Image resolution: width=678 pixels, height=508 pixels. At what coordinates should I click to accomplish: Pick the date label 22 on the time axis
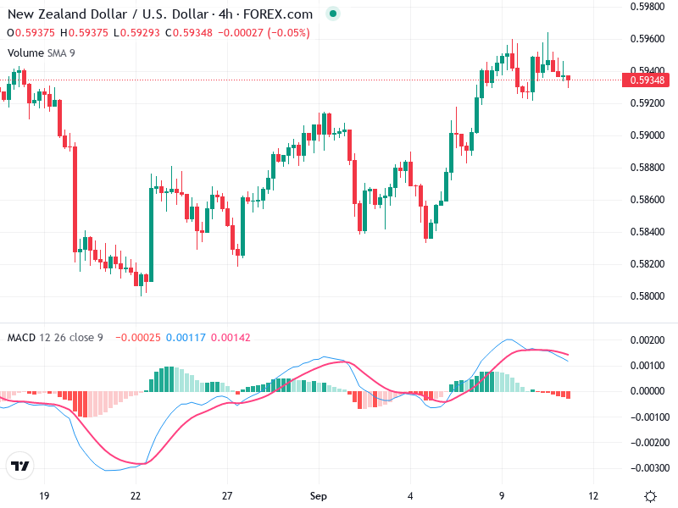pyautogui.click(x=136, y=495)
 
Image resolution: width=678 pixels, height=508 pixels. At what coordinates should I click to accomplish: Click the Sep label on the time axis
pyautogui.click(x=318, y=495)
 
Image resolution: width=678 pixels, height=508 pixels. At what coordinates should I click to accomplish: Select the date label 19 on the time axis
pyautogui.click(x=44, y=495)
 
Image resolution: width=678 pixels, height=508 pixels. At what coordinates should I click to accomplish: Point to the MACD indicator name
pyautogui.click(x=21, y=338)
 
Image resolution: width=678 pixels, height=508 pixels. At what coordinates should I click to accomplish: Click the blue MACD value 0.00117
pyautogui.click(x=184, y=338)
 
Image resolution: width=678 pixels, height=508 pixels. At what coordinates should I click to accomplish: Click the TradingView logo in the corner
pyautogui.click(x=19, y=466)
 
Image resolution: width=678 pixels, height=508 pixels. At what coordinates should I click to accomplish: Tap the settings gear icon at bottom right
pyautogui.click(x=650, y=496)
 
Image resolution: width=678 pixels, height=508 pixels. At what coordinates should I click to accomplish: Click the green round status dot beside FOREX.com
pyautogui.click(x=333, y=14)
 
